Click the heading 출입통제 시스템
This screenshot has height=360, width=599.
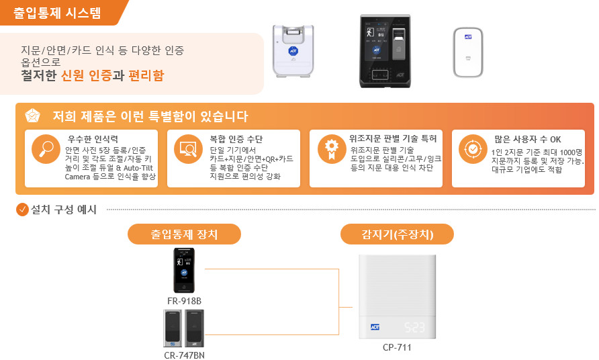[x=57, y=13]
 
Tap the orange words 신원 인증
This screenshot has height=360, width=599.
[x=87, y=75]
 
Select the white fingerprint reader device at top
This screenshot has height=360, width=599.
[x=293, y=51]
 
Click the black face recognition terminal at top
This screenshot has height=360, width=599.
[x=385, y=51]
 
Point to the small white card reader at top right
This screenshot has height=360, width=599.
[x=468, y=52]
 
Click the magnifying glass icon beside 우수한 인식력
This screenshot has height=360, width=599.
[x=46, y=149]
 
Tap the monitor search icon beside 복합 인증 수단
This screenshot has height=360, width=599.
[x=188, y=149]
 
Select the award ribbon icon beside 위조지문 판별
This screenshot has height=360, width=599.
[x=332, y=149]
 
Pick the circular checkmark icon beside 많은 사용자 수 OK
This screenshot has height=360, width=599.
[x=473, y=149]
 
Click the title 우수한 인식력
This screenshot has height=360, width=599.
[x=93, y=139]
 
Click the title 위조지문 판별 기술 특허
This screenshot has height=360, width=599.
[x=393, y=138]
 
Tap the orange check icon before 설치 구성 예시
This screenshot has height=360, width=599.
[x=23, y=210]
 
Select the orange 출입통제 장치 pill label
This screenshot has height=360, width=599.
[x=184, y=234]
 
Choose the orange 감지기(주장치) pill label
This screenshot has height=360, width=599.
[x=397, y=234]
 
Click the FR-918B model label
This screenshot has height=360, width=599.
[x=184, y=301]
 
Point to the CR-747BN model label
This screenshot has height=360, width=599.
[x=184, y=355]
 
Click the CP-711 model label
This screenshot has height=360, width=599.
[x=397, y=347]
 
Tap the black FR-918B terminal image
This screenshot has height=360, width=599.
[x=184, y=270]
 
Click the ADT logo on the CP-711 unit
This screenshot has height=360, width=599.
[x=375, y=327]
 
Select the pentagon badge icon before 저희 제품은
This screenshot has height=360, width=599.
[x=32, y=116]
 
